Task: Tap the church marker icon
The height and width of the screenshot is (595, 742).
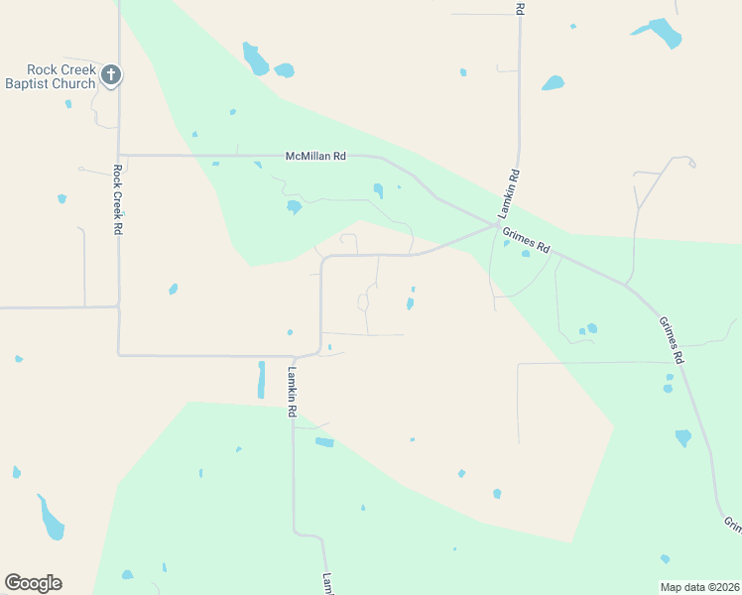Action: (x=111, y=74)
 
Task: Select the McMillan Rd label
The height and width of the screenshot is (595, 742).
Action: (x=315, y=157)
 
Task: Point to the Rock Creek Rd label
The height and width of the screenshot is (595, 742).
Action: (x=117, y=199)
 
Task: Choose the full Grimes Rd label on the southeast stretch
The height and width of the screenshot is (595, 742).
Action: (x=674, y=339)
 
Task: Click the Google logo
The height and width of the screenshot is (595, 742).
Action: (x=33, y=583)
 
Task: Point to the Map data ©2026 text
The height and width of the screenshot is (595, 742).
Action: (x=699, y=586)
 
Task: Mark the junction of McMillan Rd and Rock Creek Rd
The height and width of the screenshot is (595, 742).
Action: (x=118, y=155)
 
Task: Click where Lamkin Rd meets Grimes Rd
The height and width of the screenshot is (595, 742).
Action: (x=498, y=225)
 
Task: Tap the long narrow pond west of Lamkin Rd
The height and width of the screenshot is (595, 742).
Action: (x=261, y=380)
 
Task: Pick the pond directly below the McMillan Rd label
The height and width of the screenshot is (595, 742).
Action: (x=294, y=207)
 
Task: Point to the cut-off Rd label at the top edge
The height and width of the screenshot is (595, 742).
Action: (x=520, y=7)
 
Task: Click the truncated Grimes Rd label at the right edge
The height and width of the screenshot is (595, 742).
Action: (x=732, y=524)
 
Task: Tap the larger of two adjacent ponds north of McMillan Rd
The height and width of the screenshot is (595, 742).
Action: (x=255, y=59)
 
